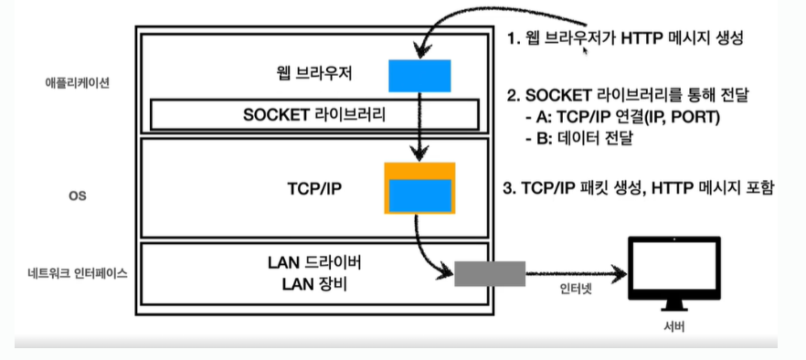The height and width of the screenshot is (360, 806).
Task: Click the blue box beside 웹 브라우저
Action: point(419,76)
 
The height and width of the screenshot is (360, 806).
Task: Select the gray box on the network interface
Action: point(490,273)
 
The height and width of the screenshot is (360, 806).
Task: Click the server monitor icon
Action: point(674,273)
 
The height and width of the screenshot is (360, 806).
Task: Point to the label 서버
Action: point(674,326)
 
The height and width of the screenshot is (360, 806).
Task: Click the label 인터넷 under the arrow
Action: point(576,289)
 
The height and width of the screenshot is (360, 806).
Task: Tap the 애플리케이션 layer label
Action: point(77,83)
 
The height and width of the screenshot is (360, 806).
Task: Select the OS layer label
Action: point(77,196)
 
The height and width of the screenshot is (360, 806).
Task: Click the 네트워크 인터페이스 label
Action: point(77,273)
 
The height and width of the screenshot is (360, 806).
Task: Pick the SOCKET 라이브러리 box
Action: point(314,115)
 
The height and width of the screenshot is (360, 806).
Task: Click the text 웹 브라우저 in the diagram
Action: point(313,75)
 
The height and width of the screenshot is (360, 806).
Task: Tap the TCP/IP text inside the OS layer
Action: point(314,190)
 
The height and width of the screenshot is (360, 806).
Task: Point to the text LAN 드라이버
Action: point(314,263)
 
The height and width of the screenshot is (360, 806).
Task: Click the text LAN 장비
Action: point(314,283)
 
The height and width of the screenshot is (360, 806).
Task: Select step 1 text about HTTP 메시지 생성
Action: point(625,39)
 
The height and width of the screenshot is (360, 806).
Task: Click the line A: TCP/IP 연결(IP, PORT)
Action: point(622,118)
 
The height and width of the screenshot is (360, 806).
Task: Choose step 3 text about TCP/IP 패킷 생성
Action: point(638,189)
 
